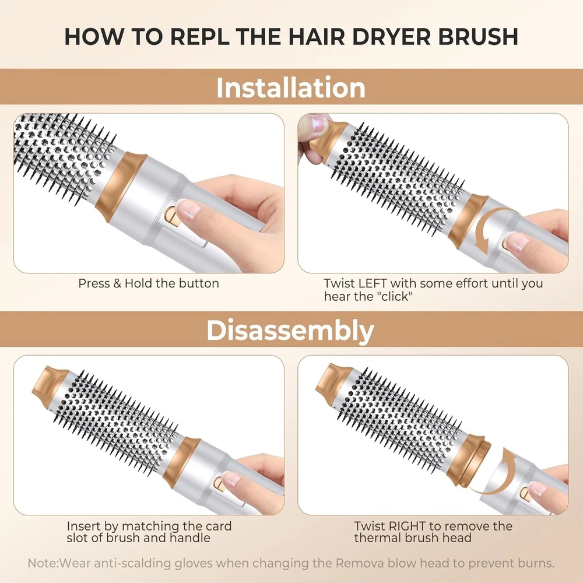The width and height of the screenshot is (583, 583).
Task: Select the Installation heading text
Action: (291, 87)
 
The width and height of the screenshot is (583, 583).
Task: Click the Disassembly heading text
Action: (290, 330)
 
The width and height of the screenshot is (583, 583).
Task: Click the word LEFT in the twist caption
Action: (373, 283)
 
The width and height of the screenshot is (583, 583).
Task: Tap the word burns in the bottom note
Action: (536, 563)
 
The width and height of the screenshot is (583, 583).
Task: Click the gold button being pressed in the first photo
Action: (172, 217)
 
